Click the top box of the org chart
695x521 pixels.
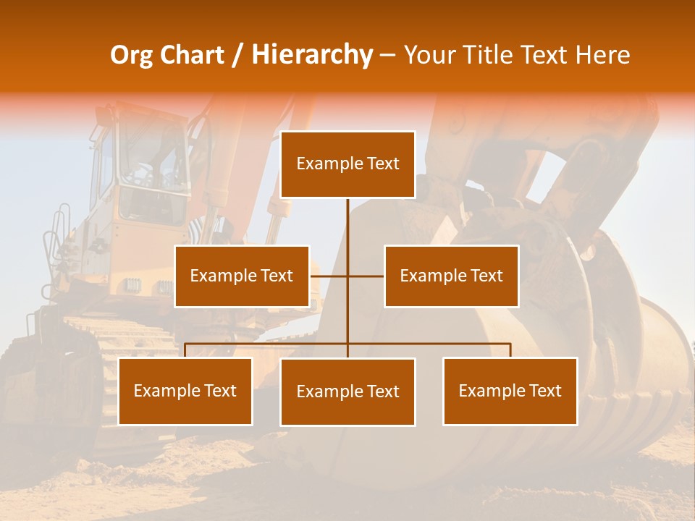click(347, 164)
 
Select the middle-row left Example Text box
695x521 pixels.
click(242, 276)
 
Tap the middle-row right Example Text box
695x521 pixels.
click(451, 276)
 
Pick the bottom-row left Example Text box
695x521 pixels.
click(185, 391)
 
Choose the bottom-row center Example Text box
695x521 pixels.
click(347, 392)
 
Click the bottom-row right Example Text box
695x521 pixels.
click(510, 391)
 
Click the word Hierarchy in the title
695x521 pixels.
click(311, 55)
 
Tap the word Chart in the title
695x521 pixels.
click(192, 55)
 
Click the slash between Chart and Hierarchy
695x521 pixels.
click(237, 55)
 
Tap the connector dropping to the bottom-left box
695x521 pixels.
click(185, 350)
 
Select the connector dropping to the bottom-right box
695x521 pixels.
click(510, 350)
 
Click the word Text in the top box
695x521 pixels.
click(382, 164)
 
